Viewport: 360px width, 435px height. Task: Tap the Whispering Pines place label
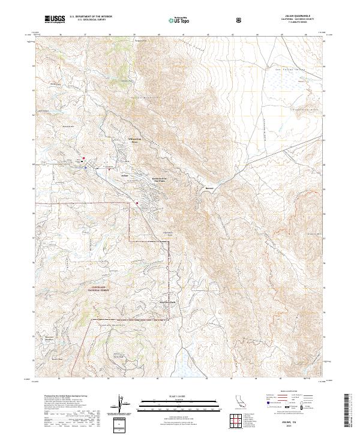click(137, 141)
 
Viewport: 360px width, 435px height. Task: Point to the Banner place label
click(209, 187)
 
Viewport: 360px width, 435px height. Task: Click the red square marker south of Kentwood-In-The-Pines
click(137, 203)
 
